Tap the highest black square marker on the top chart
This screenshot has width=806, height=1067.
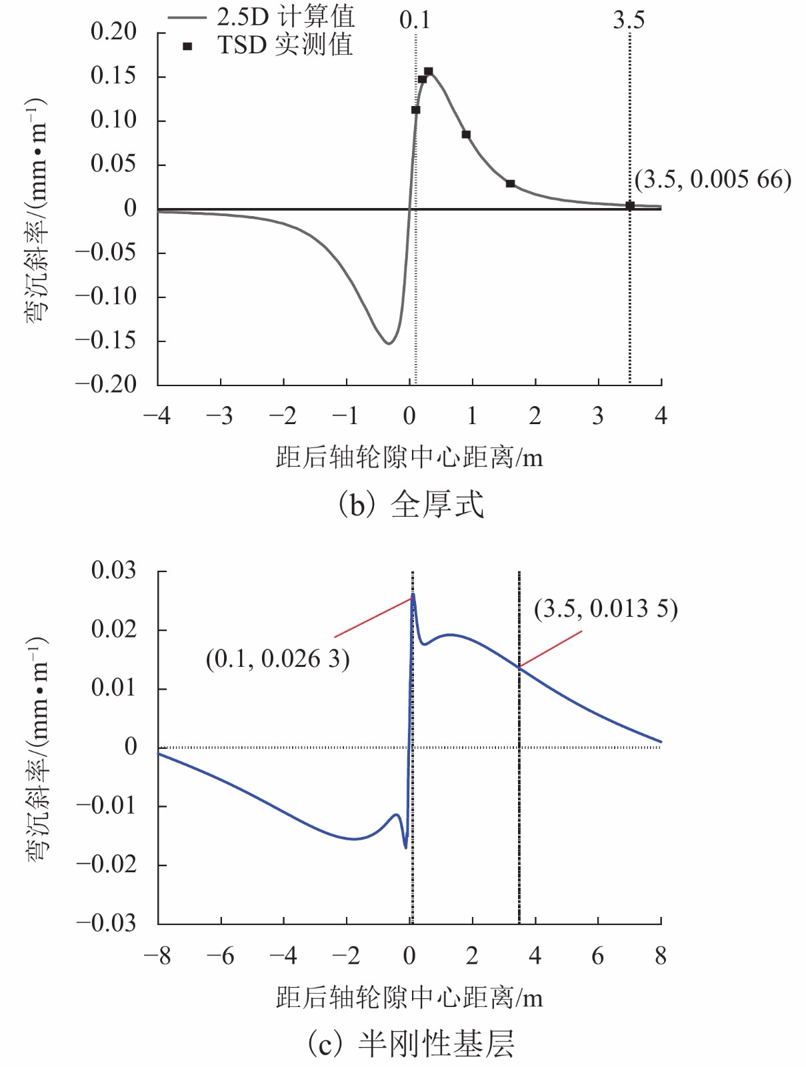pyautogui.click(x=429, y=71)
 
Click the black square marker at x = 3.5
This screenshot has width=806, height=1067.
pyautogui.click(x=630, y=205)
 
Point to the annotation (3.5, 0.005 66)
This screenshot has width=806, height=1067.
pyautogui.click(x=713, y=179)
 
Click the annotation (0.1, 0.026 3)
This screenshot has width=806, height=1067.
pyautogui.click(x=277, y=659)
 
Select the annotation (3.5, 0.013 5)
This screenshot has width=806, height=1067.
pyautogui.click(x=605, y=609)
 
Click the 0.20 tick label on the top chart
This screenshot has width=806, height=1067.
pyautogui.click(x=113, y=31)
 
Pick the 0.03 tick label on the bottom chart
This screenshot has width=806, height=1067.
pyautogui.click(x=113, y=570)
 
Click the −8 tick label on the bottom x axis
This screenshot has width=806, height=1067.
pyautogui.click(x=157, y=956)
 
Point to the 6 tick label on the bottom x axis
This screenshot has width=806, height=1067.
pyautogui.click(x=598, y=956)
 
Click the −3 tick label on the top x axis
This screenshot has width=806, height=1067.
pyautogui.click(x=219, y=416)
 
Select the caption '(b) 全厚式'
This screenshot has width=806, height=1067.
pyautogui.click(x=410, y=504)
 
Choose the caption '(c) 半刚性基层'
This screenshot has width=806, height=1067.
pyautogui.click(x=410, y=1044)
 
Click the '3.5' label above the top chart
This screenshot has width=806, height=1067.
pyautogui.click(x=629, y=20)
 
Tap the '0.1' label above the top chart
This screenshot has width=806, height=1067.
pyautogui.click(x=415, y=20)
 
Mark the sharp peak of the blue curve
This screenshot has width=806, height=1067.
pyautogui.click(x=413, y=594)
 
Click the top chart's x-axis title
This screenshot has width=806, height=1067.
pyautogui.click(x=409, y=457)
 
